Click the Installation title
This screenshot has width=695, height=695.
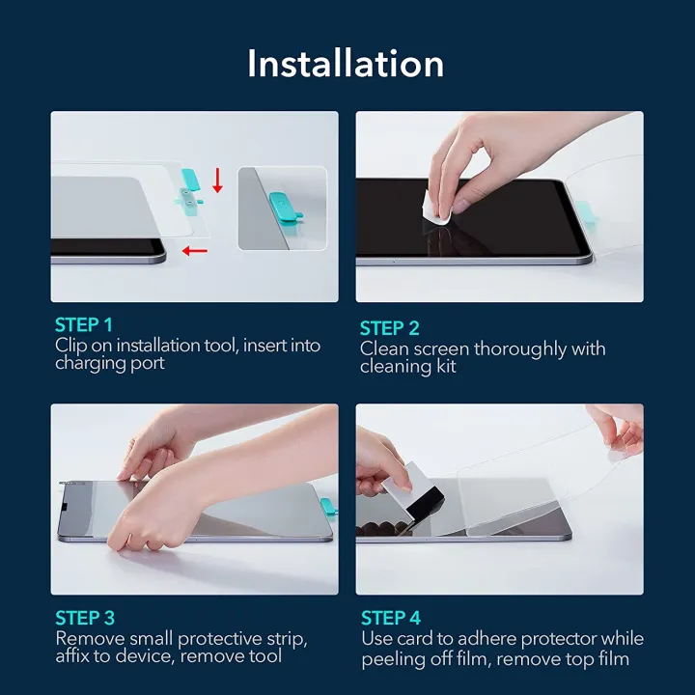346,64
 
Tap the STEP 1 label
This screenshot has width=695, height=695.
84,324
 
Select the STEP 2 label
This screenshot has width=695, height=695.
389,328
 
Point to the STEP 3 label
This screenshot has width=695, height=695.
84,618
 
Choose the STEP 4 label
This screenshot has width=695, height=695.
390,618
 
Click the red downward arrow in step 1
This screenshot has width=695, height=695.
218,180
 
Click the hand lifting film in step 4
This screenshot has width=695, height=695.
618,425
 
